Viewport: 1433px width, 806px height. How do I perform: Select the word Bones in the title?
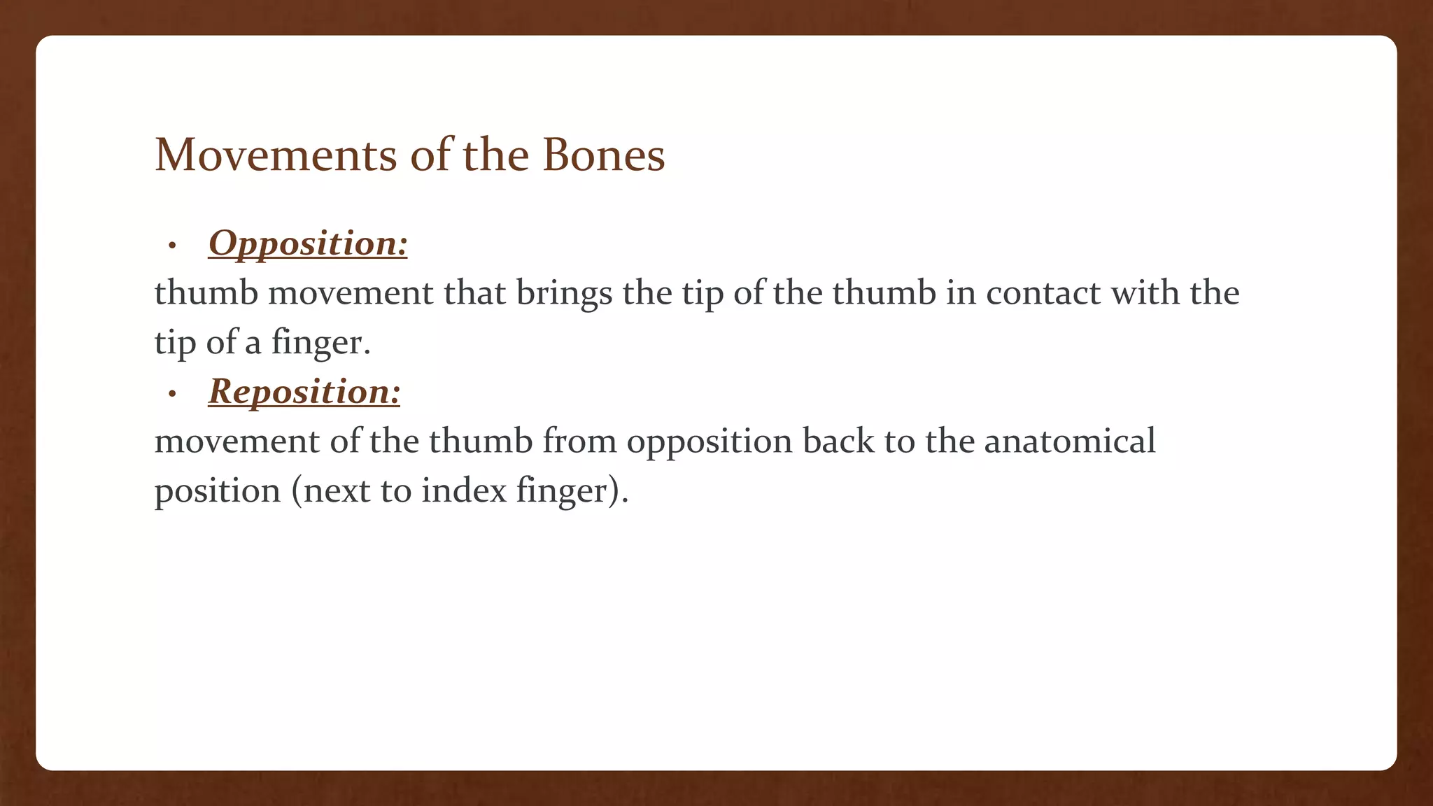pos(603,155)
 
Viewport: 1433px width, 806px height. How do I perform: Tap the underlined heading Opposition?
pos(308,243)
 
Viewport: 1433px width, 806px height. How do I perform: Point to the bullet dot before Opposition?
pos(172,246)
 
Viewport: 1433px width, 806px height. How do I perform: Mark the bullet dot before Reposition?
pos(172,395)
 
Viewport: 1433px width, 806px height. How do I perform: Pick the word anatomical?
pos(1070,441)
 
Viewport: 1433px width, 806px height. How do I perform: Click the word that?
pos(475,292)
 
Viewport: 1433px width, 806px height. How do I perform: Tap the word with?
pos(1145,292)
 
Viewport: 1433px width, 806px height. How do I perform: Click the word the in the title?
pos(495,155)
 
